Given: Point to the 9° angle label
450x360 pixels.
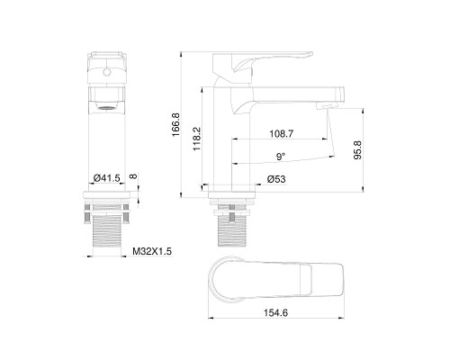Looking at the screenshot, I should click(281, 157).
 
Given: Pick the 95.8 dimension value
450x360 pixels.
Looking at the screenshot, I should click(357, 148).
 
